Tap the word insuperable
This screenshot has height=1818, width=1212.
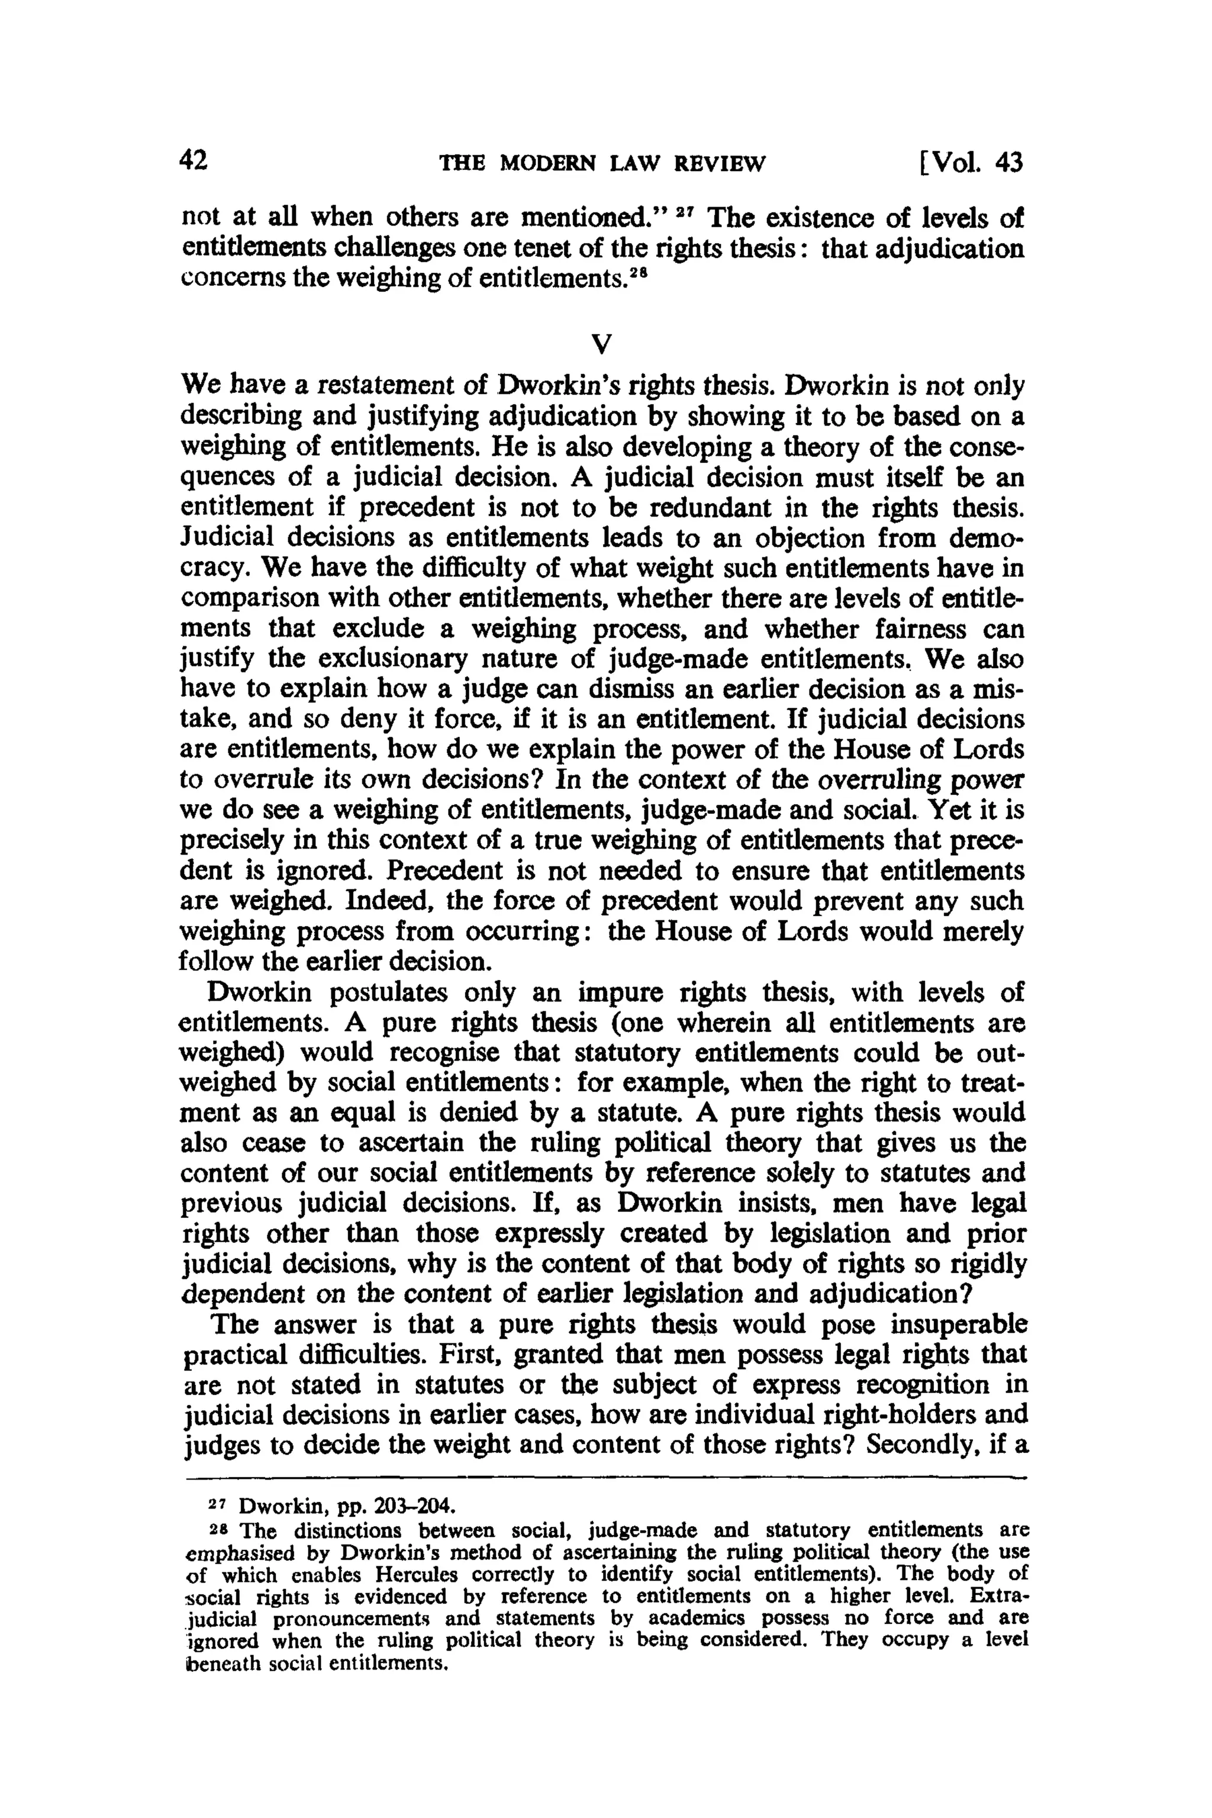[x=959, y=1325]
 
